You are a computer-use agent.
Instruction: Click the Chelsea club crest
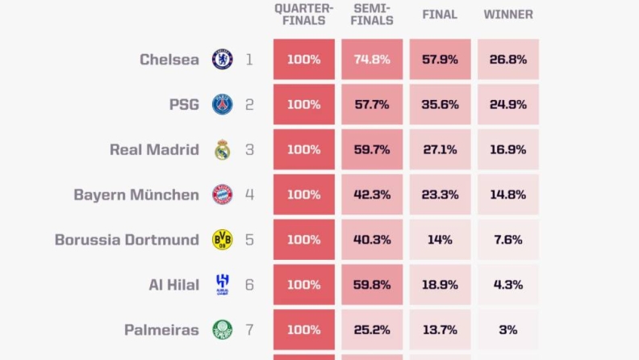[223, 59]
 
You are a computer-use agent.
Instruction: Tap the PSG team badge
[223, 104]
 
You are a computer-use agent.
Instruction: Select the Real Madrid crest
[223, 149]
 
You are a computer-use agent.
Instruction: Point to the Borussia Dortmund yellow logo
[223, 239]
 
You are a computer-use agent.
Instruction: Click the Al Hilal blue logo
[223, 285]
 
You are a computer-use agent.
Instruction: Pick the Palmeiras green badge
[223, 329]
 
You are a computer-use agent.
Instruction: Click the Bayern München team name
[136, 195]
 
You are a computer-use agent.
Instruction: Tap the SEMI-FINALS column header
[372, 15]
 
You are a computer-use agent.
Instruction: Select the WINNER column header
[508, 15]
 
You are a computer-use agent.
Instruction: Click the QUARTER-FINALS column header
[304, 15]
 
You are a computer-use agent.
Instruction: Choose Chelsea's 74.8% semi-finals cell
[372, 59]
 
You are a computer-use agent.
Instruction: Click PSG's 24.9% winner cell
[508, 104]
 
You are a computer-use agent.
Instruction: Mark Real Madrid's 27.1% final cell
[441, 149]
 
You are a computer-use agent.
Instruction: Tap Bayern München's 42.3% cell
[372, 195]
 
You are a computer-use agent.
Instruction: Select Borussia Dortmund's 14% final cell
[441, 239]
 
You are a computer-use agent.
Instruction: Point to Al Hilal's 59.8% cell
[372, 285]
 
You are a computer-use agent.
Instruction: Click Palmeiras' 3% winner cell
[508, 329]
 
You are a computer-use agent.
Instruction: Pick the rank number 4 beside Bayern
[249, 195]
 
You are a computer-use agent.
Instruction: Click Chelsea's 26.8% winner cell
[508, 59]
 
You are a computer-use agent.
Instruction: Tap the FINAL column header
[440, 15]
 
